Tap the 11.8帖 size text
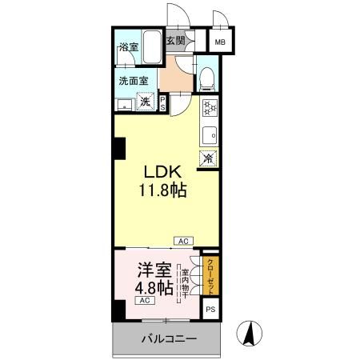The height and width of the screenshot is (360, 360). tap(166, 192)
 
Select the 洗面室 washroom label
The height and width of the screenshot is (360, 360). tap(134, 80)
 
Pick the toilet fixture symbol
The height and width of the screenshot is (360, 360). tap(206, 78)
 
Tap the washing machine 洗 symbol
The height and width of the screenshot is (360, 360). tap(146, 102)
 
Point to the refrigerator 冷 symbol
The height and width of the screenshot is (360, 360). tap(209, 158)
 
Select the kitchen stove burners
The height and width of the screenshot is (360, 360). tap(208, 108)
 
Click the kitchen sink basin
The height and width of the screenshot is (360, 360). tap(209, 134)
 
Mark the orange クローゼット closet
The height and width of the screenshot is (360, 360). tap(210, 274)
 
